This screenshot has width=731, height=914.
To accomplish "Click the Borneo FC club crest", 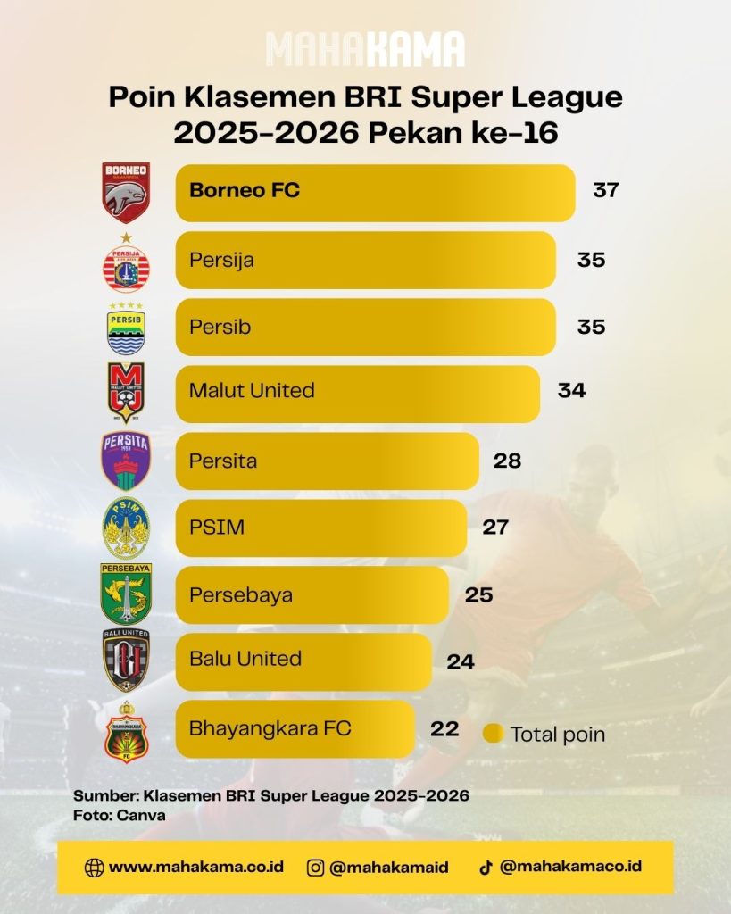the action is click(126, 193).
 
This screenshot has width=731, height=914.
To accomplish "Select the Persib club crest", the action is click(126, 328).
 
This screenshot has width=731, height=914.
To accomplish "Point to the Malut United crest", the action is click(126, 393).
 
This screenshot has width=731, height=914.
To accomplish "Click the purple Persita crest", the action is click(126, 461).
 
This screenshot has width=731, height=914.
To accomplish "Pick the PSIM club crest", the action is click(126, 528).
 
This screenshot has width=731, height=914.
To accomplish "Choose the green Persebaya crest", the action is click(126, 594).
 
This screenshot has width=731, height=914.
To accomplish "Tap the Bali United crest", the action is click(126, 661).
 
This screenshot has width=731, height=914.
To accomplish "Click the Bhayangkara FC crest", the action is click(126, 732).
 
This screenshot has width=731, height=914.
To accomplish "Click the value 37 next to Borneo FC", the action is click(606, 190).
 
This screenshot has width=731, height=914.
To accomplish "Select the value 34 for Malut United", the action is click(571, 390).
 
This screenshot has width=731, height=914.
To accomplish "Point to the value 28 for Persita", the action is click(507, 461).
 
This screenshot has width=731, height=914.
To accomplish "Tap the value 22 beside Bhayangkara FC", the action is click(444, 728).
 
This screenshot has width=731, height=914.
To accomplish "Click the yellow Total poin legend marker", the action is click(494, 734).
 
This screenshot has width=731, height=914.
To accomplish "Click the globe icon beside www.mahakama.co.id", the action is click(94, 868).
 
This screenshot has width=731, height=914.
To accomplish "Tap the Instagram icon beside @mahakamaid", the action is click(315, 868).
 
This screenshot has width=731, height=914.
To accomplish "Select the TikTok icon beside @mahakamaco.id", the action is click(486, 868).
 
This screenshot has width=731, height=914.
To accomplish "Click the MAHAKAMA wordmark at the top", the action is click(366, 50).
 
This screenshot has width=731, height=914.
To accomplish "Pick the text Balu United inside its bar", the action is click(245, 659).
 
